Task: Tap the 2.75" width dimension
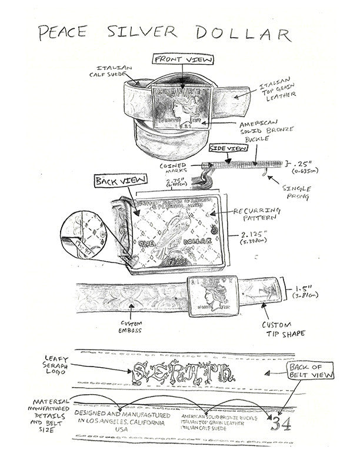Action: (x=156, y=183)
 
